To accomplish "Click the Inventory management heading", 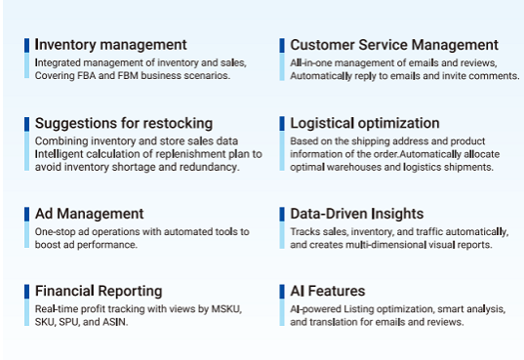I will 110,45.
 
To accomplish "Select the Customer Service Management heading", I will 394,45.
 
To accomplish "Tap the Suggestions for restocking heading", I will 123,123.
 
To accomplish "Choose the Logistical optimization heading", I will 365,123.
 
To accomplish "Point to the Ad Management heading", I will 89,214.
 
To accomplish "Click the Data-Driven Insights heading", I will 356,214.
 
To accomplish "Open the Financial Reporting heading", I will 99,292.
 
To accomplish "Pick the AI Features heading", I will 328,292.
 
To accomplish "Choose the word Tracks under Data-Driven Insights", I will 305,231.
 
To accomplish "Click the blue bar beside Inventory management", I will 27,45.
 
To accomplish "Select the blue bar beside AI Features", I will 282,292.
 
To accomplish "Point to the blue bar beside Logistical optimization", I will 282,124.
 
